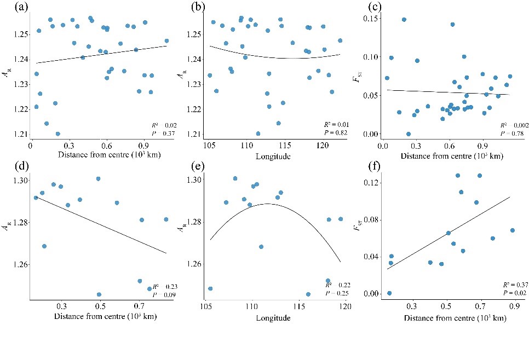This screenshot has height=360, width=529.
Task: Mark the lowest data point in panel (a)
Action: tap(58, 133)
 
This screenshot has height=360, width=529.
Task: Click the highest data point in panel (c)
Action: tap(404, 19)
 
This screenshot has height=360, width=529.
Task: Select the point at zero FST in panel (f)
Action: tap(389, 293)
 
